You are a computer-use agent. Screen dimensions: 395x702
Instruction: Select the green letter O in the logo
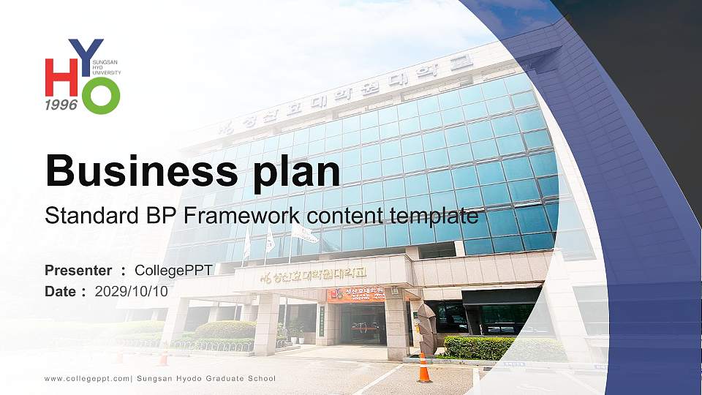coord(100,95)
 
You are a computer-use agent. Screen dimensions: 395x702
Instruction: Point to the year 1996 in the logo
coord(61,105)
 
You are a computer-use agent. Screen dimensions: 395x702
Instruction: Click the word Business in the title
coord(136,170)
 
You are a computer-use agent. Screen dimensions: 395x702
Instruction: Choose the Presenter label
coord(78,271)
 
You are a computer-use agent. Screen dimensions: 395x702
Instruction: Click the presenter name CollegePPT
coord(173,271)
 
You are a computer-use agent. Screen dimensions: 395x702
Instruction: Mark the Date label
coord(61,291)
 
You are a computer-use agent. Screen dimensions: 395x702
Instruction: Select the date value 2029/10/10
coord(132,291)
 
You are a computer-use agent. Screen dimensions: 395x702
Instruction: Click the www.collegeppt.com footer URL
coord(87,378)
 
